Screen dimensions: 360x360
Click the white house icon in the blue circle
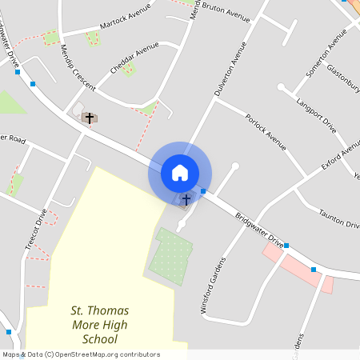click(x=180, y=172)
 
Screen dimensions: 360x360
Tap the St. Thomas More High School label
click(x=100, y=325)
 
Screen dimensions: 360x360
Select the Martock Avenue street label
click(x=125, y=25)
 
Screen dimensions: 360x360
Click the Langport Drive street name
click(x=316, y=113)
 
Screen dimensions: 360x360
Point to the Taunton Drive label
click(x=338, y=218)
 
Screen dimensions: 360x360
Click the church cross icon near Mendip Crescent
click(x=90, y=118)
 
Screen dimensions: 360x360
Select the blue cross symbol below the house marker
click(x=186, y=199)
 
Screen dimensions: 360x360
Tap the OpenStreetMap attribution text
click(x=81, y=354)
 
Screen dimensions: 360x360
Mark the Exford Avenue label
click(x=340, y=160)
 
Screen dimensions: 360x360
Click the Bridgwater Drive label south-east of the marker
click(x=259, y=229)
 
